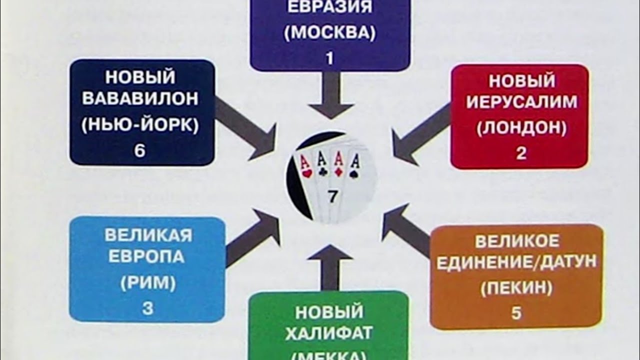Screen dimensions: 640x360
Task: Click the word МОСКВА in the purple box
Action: (329, 32)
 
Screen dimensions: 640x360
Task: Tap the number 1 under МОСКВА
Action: (329, 58)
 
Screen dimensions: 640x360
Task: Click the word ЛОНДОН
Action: (521, 128)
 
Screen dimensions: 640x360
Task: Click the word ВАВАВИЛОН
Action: (140, 98)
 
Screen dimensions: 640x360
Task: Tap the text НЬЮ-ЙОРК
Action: (140, 124)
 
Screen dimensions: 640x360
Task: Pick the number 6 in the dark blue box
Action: (139, 150)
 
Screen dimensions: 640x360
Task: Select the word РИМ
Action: (147, 283)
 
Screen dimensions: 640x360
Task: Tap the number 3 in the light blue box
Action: (147, 308)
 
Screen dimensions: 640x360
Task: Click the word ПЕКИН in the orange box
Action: (516, 288)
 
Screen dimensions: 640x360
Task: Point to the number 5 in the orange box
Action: (516, 313)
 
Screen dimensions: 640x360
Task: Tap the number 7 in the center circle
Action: (332, 197)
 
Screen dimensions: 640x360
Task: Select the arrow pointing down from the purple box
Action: (330, 95)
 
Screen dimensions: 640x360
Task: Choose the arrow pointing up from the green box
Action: (330, 265)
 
